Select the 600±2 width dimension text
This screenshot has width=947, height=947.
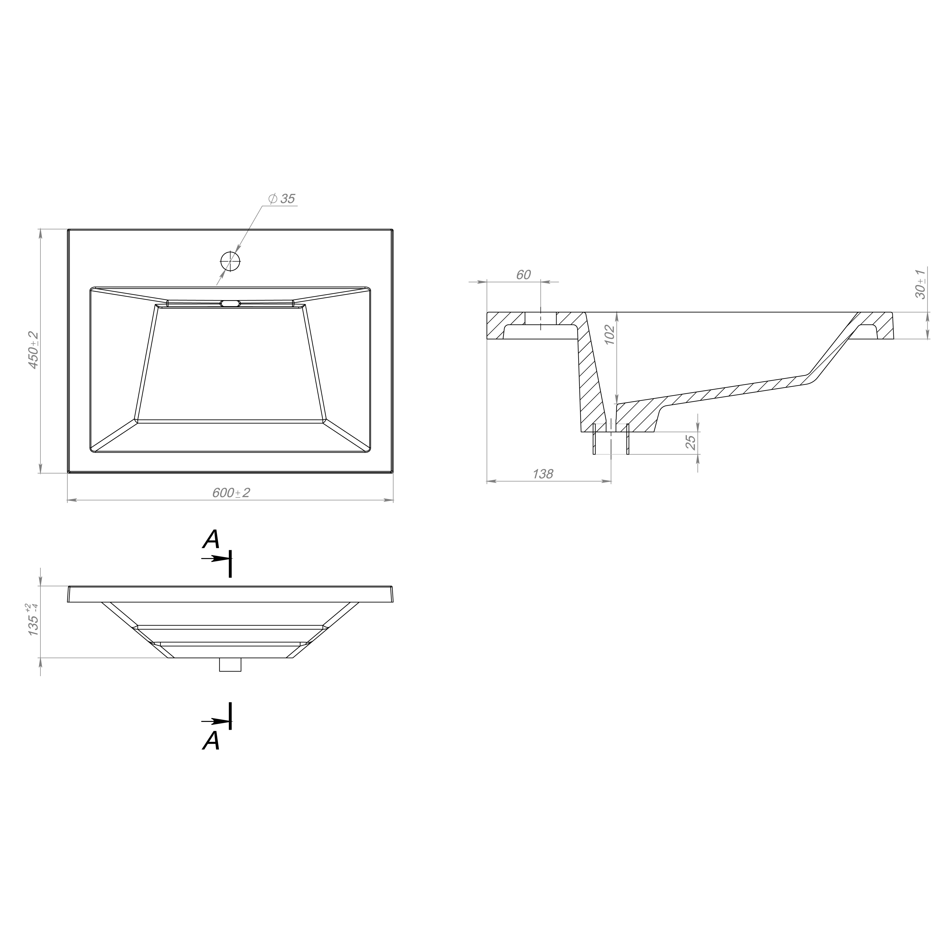(x=231, y=493)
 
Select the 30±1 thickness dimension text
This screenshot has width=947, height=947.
(x=920, y=284)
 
